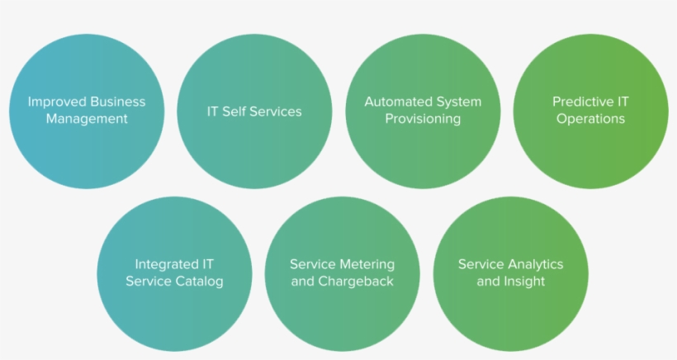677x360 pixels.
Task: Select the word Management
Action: click(87, 119)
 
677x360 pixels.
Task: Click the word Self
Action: click(234, 111)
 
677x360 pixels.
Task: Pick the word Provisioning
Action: click(423, 119)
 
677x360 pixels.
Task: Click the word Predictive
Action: click(580, 102)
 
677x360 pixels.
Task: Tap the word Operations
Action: click(590, 119)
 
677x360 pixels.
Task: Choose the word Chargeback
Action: click(356, 282)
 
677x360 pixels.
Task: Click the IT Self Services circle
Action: click(254, 111)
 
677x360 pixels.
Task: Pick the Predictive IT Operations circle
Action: click(590, 111)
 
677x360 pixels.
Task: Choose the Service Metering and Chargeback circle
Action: click(342, 273)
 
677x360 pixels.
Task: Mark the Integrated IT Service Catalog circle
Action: click(174, 273)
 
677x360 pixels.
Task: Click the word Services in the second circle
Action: click(276, 111)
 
